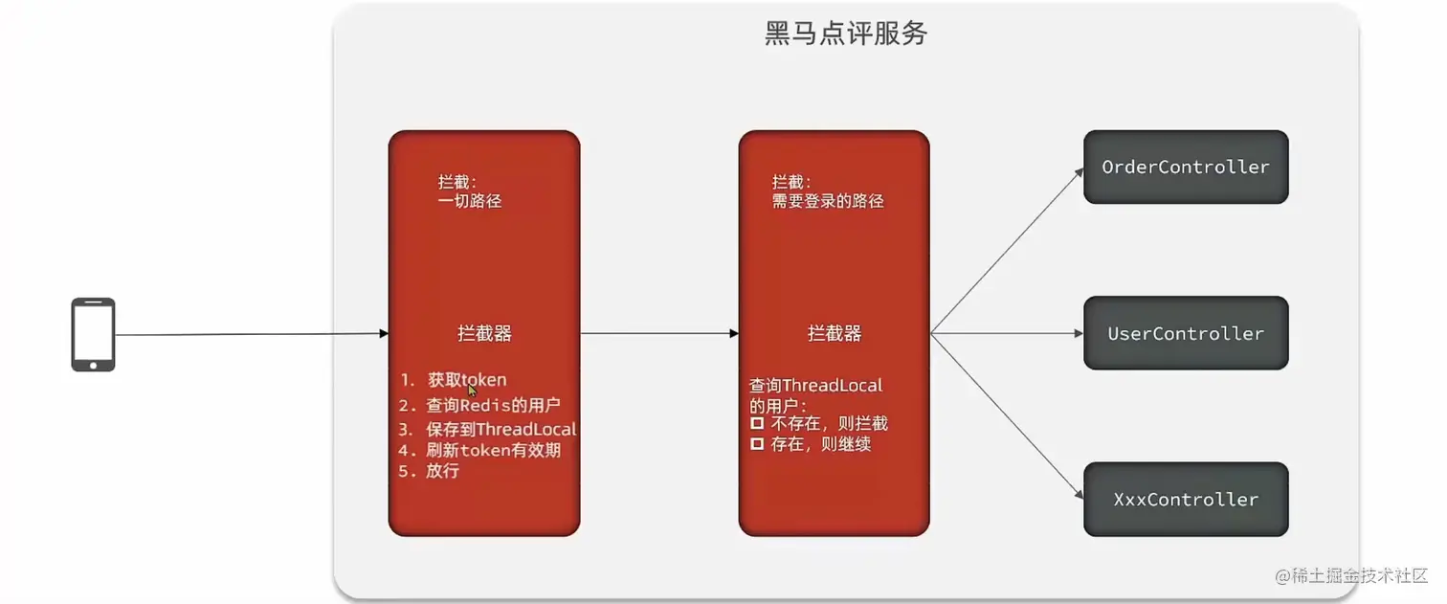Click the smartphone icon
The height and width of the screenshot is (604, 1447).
[x=93, y=334]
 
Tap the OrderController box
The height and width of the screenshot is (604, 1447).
[x=1185, y=168]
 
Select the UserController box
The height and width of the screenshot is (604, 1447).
[x=1185, y=333]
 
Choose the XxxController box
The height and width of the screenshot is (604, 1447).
[x=1185, y=500]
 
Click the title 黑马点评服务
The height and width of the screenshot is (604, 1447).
[x=846, y=34]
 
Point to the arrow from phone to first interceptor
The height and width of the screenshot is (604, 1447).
[x=249, y=334]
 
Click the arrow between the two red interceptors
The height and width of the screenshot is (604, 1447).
[x=658, y=333]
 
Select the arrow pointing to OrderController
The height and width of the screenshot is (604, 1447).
[x=1005, y=252]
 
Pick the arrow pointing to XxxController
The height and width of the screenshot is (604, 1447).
[x=1005, y=416]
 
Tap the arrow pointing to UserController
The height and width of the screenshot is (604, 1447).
[x=1005, y=333]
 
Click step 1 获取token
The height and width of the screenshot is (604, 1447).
[x=454, y=380]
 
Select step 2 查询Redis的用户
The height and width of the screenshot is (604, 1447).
[x=479, y=405]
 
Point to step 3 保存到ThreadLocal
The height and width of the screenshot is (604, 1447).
[x=488, y=429]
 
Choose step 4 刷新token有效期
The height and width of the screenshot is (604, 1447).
[x=479, y=450]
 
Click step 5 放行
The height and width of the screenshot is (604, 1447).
[x=430, y=471]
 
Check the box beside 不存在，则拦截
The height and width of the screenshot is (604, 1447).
[x=756, y=423]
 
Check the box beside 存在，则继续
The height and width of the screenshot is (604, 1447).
[x=756, y=444]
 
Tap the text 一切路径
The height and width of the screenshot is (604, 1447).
[x=469, y=201]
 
